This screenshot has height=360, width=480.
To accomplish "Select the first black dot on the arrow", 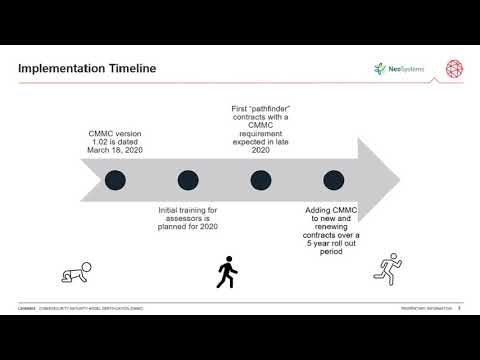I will coord(116,180).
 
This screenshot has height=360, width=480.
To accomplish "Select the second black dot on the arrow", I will coord(188,180).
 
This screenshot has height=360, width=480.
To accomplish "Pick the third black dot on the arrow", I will coord(261,180).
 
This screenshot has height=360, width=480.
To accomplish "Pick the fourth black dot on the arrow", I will coord(334,180).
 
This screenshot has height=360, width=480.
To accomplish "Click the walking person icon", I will coord(227,271).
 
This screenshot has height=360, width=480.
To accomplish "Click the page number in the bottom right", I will coord(458,308).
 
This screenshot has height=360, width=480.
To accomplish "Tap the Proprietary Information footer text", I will coord(426,308).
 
